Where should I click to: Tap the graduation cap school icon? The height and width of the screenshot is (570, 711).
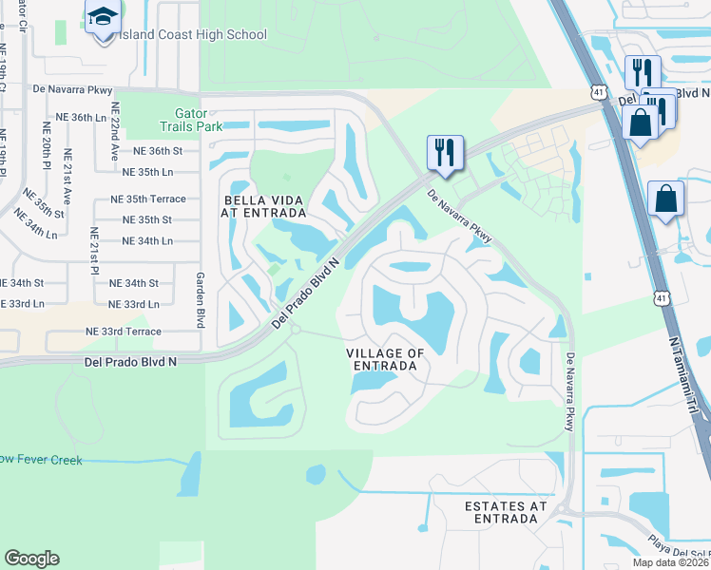pyautogui.click(x=102, y=17)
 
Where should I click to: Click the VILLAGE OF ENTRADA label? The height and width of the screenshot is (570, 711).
pyautogui.click(x=384, y=359)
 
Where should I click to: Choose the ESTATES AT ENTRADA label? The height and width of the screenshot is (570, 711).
pyautogui.click(x=506, y=512)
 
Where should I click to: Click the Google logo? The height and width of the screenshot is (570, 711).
pyautogui.click(x=31, y=559)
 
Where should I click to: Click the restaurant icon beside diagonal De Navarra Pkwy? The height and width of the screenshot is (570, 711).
pyautogui.click(x=445, y=152)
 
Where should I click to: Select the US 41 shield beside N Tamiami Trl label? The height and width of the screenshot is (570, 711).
pyautogui.click(x=659, y=297)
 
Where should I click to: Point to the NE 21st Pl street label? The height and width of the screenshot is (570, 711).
pyautogui.click(x=93, y=256)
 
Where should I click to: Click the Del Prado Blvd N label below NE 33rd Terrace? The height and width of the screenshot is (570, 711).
pyautogui.click(x=131, y=362)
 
